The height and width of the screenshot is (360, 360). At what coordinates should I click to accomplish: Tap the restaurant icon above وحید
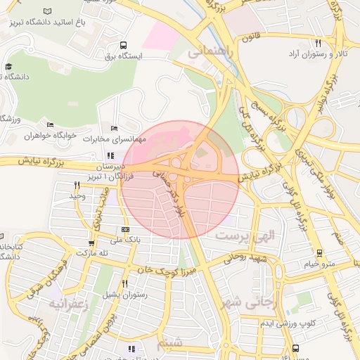(77, 185)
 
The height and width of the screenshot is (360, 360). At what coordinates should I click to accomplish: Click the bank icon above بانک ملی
(125, 229)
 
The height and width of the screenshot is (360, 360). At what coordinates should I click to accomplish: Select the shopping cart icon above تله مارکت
(92, 243)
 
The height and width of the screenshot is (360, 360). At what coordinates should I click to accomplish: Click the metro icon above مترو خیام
(319, 253)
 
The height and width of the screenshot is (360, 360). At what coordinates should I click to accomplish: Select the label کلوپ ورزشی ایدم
(288, 323)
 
